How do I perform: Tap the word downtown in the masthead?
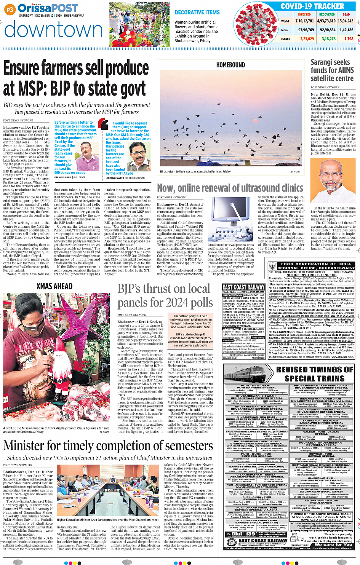click(x=54, y=29)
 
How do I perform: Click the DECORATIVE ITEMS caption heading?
click(x=197, y=13)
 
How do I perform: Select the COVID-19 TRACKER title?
click(x=312, y=6)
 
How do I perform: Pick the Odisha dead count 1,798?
click(x=349, y=39)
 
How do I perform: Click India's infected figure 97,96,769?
click(x=306, y=30)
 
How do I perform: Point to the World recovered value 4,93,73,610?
click(x=326, y=21)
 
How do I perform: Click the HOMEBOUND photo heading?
click(x=230, y=65)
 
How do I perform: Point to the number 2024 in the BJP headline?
click(x=180, y=302)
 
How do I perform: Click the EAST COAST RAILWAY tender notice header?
click(x=243, y=287)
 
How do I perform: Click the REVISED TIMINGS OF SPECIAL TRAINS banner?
click(x=314, y=374)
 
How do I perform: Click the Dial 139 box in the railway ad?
click(x=243, y=534)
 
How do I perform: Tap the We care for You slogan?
click(x=333, y=544)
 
